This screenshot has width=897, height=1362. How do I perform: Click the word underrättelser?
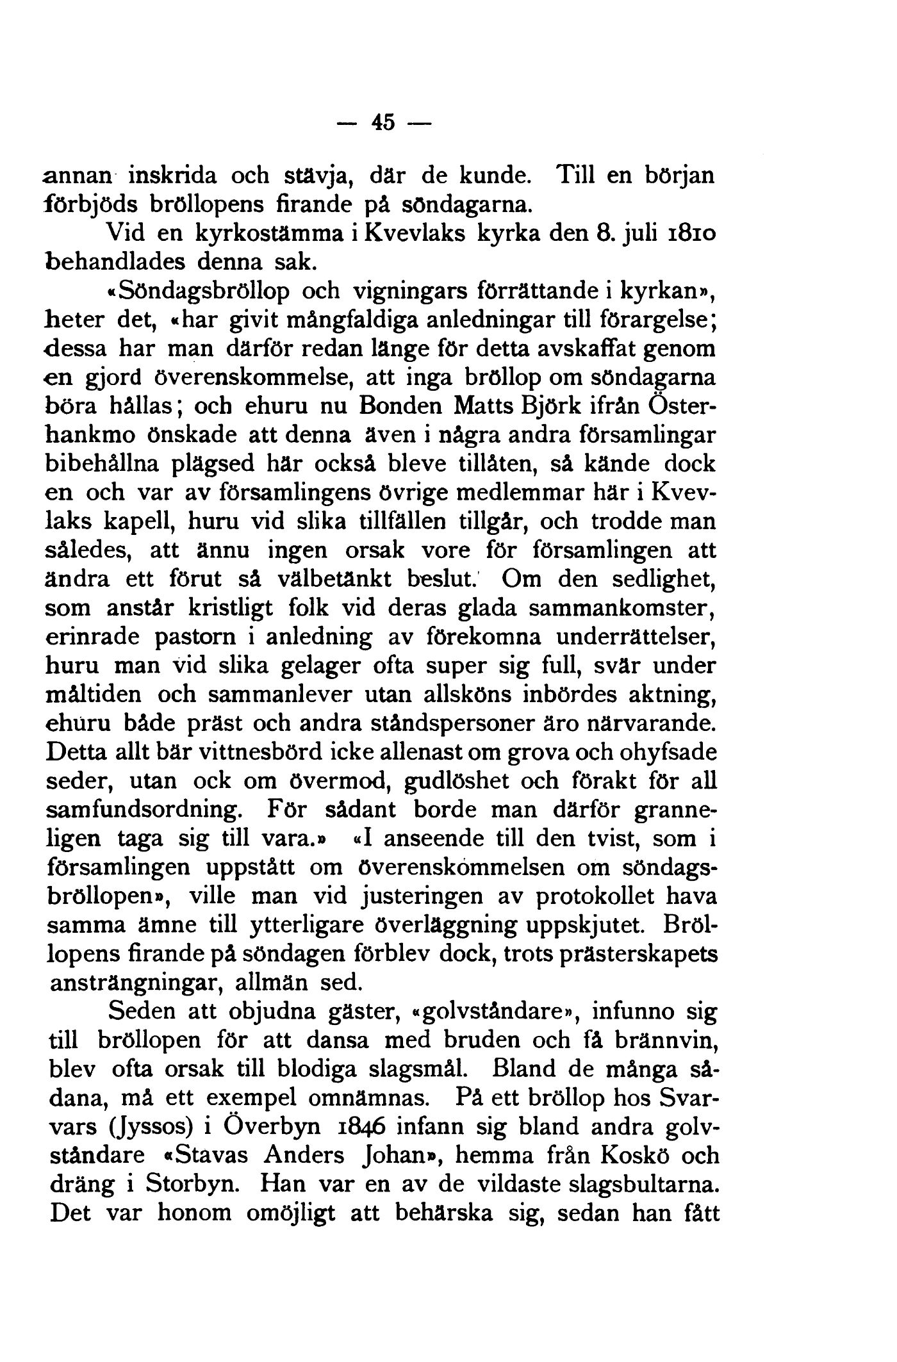(x=636, y=637)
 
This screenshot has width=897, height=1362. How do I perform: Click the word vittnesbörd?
(x=264, y=753)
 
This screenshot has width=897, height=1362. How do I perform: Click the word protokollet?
(x=595, y=896)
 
